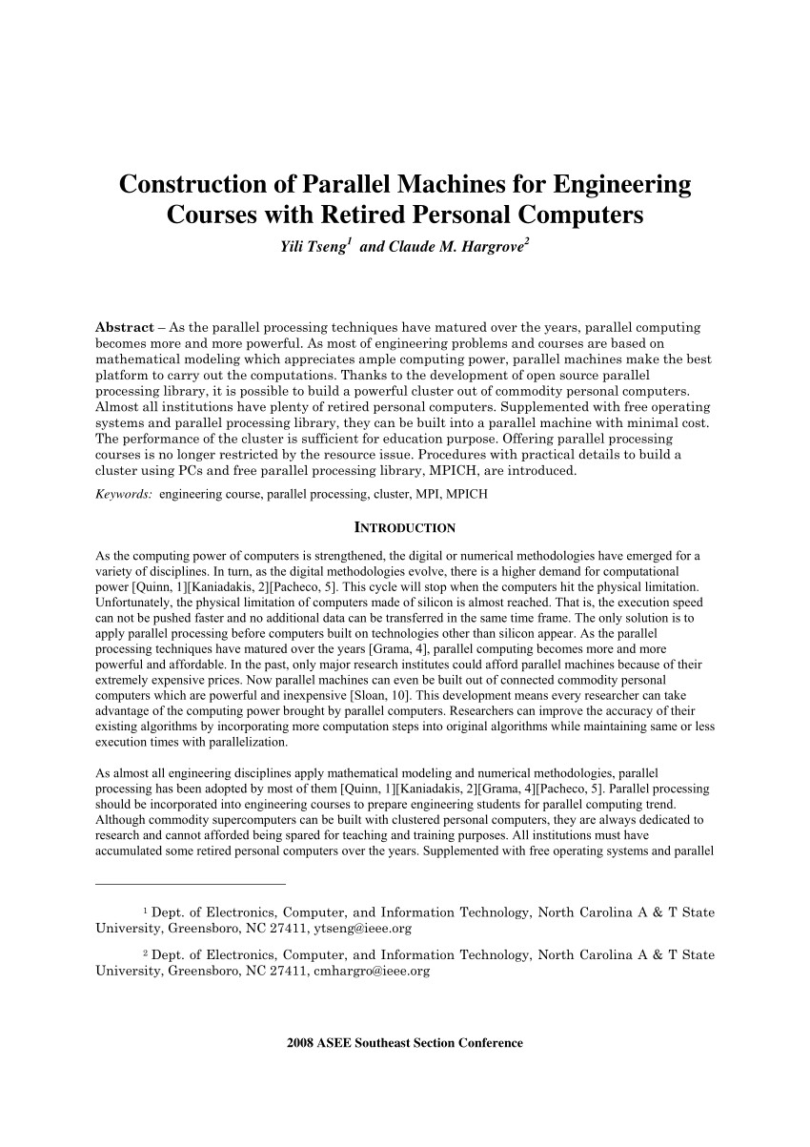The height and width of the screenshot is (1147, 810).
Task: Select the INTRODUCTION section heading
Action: (405, 527)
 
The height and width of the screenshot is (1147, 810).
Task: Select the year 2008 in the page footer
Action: (301, 1043)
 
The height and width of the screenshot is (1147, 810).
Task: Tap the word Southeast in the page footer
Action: (382, 1043)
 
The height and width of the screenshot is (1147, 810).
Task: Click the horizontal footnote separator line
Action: (191, 884)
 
